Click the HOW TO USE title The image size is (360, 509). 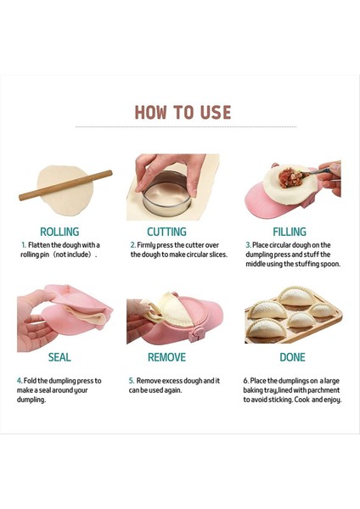(183, 113)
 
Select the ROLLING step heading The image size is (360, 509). (59, 232)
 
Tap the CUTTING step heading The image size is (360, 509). (166, 232)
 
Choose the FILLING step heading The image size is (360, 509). (290, 232)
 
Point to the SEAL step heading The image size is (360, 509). (59, 357)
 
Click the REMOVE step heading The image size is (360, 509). (166, 357)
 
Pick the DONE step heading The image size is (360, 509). (292, 357)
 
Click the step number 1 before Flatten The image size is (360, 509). (24, 245)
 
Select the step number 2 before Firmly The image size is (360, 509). (132, 245)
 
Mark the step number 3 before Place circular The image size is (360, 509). (247, 245)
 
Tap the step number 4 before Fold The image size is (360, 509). (20, 381)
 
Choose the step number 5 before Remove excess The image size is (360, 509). (132, 381)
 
